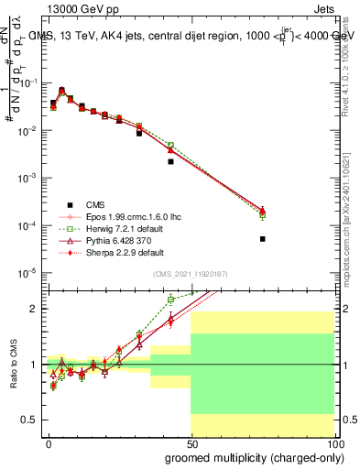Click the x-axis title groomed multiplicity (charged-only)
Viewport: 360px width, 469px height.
[250, 456]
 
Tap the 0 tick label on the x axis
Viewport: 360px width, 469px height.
[49, 442]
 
